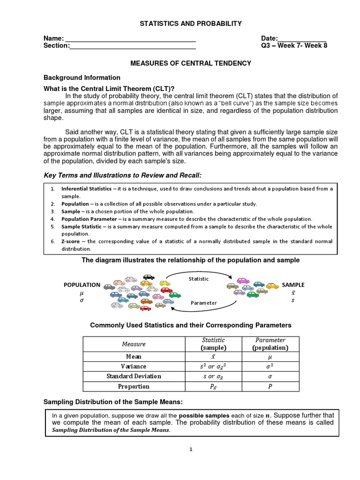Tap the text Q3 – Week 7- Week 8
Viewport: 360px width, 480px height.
294,46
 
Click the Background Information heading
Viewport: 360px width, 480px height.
82,78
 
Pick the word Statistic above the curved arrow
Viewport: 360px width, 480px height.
199,279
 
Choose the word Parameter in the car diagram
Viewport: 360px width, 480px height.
203,303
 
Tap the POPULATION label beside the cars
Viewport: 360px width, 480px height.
82,285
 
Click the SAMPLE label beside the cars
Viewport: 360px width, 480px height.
293,285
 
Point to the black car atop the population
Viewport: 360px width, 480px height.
149,277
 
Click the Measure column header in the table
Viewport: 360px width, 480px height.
134,345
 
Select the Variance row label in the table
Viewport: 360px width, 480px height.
133,367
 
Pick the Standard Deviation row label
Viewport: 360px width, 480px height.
134,376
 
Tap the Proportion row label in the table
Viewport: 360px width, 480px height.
134,387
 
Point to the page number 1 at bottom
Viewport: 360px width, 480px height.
191,450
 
